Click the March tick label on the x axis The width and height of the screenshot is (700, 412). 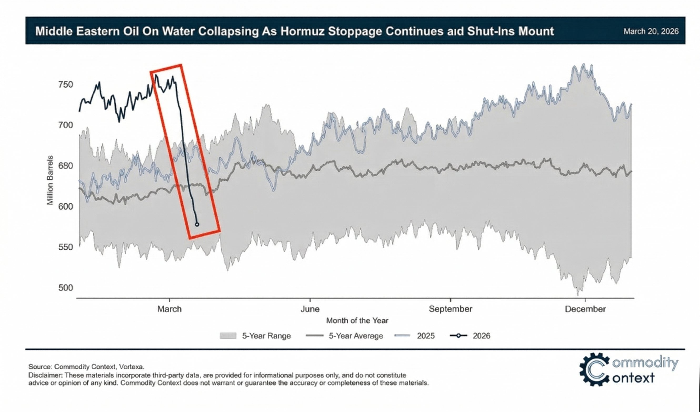click(169, 309)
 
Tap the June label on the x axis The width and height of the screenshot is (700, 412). click(310, 309)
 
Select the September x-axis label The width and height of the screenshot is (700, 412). click(450, 309)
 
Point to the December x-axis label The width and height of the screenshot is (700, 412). click(585, 309)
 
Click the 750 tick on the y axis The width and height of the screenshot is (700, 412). click(66, 85)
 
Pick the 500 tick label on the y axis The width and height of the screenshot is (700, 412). click(66, 288)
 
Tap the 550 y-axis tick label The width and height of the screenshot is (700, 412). click(66, 247)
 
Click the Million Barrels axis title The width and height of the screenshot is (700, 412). click(50, 181)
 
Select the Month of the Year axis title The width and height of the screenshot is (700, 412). click(357, 321)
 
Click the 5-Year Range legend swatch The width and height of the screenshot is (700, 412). click(228, 336)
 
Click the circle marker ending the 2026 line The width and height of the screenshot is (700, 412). click(197, 224)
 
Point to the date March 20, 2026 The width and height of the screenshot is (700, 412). click(651, 31)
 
